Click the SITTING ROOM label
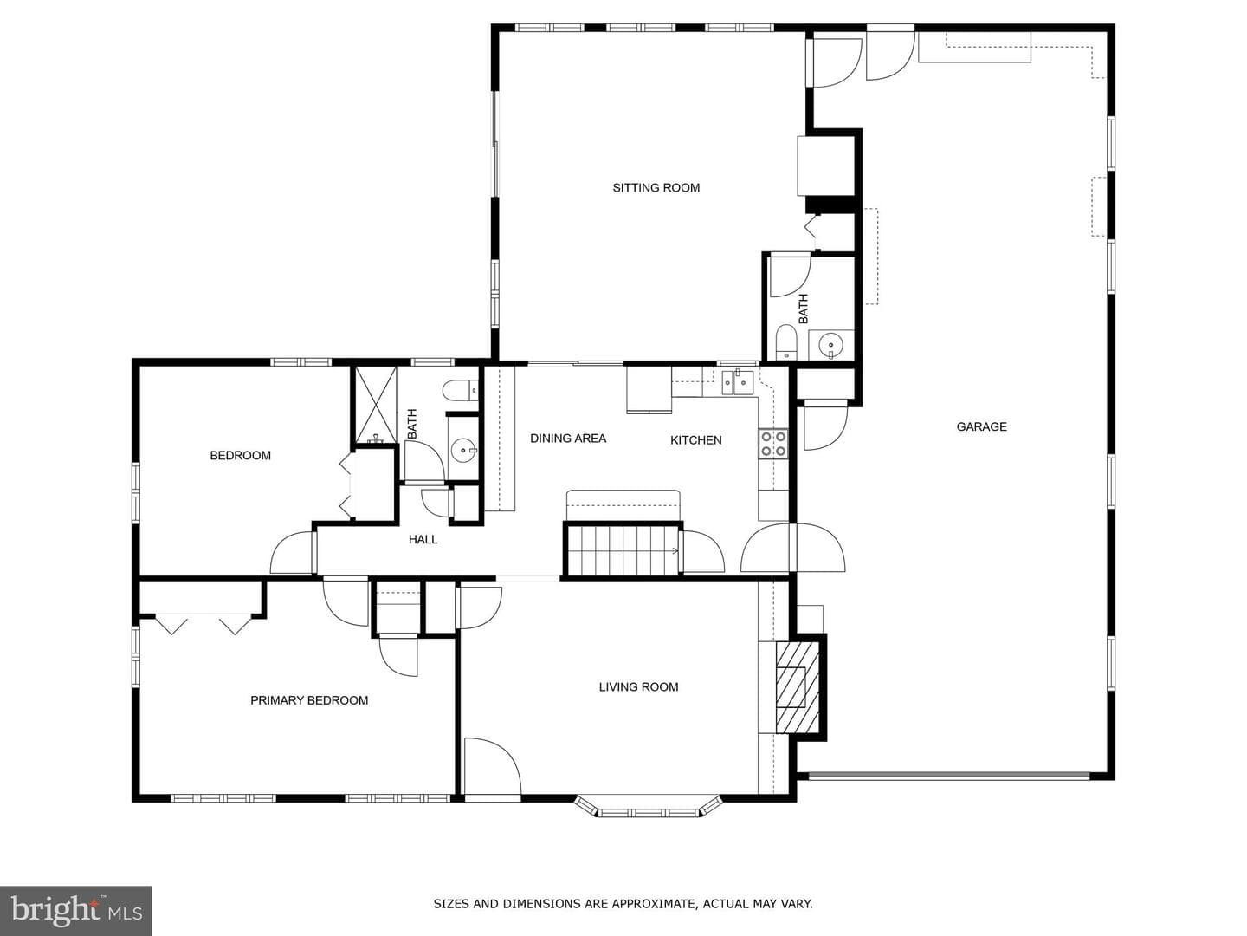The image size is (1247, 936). (x=656, y=187)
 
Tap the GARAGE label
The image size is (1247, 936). (x=981, y=426)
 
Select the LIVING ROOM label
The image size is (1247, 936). (x=638, y=686)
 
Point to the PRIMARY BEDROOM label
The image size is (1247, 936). (x=309, y=700)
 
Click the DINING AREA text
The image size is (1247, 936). (x=568, y=439)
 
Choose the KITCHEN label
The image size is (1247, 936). (x=696, y=440)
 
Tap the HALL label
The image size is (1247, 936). (x=423, y=539)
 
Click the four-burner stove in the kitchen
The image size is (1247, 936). (x=774, y=444)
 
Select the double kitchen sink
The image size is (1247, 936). (x=737, y=382)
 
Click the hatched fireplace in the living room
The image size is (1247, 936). (x=798, y=687)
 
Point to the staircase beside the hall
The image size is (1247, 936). (x=623, y=550)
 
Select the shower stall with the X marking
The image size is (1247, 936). (x=376, y=405)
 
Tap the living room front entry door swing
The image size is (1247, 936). (x=492, y=765)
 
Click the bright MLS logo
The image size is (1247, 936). (x=76, y=910)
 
